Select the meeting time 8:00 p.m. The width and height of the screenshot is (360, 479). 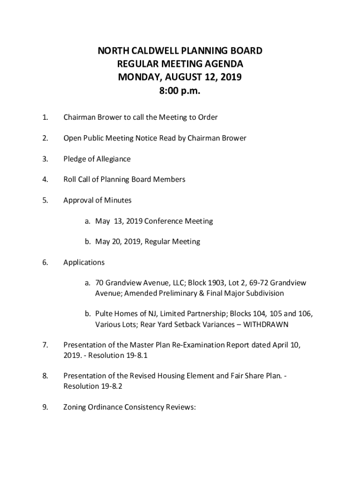click(x=180, y=91)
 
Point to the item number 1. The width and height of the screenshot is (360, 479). click(x=45, y=117)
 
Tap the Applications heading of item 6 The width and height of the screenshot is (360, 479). click(x=84, y=262)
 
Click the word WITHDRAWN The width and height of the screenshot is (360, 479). click(x=266, y=324)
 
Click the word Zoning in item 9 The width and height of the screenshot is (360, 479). click(x=75, y=407)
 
